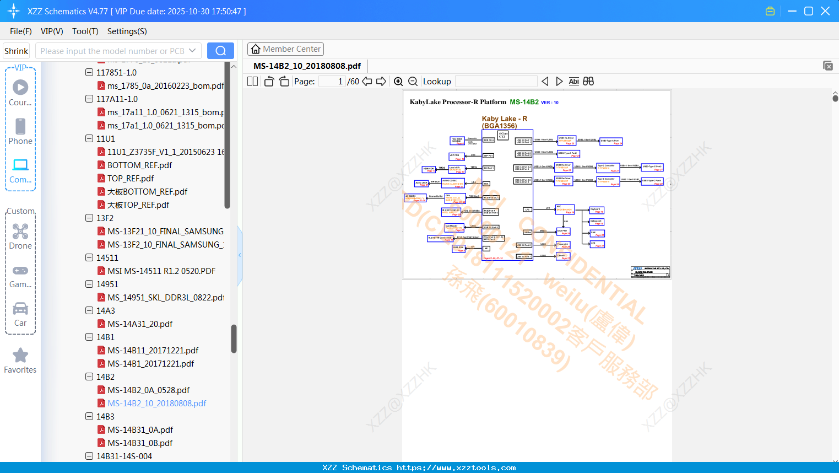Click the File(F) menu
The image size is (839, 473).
[x=20, y=31]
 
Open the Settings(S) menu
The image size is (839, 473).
[x=127, y=31]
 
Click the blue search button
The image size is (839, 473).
[x=220, y=51]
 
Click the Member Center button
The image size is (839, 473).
[x=285, y=49]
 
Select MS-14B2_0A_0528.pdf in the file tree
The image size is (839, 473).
[x=148, y=390]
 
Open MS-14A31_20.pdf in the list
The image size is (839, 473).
[x=140, y=324]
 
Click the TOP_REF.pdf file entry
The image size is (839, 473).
[x=130, y=179]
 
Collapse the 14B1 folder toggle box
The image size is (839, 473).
[x=89, y=337]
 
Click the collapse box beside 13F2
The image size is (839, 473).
[x=89, y=218]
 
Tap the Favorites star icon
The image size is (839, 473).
[x=20, y=356]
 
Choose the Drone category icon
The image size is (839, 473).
[x=20, y=232]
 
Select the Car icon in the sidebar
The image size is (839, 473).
[x=20, y=309]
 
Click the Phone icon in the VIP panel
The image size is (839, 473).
[x=20, y=127]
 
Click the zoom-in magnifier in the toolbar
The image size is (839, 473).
[x=398, y=82]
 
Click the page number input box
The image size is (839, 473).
[x=332, y=82]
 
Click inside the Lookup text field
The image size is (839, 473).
[x=496, y=82]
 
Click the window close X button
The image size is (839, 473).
[x=825, y=11]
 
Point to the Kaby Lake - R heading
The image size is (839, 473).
[x=504, y=119]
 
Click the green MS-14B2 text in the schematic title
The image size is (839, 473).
[x=524, y=102]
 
